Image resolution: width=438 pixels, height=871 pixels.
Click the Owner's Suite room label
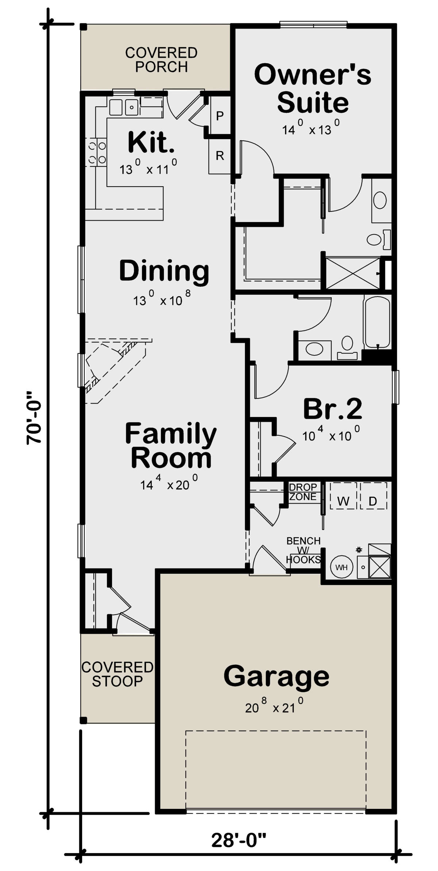[312, 88]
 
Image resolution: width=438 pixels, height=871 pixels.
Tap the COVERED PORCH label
[161, 60]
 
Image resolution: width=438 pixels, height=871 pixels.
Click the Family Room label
[171, 445]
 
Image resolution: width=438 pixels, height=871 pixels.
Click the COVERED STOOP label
[117, 674]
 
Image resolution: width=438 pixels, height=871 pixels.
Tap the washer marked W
[343, 496]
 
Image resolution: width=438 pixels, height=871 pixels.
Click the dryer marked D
[373, 496]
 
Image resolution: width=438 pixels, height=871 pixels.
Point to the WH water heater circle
[342, 567]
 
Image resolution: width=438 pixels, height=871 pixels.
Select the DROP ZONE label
[303, 492]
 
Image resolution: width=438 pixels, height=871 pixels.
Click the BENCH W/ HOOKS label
[303, 550]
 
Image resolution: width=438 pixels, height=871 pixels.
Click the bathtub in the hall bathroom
[377, 322]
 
